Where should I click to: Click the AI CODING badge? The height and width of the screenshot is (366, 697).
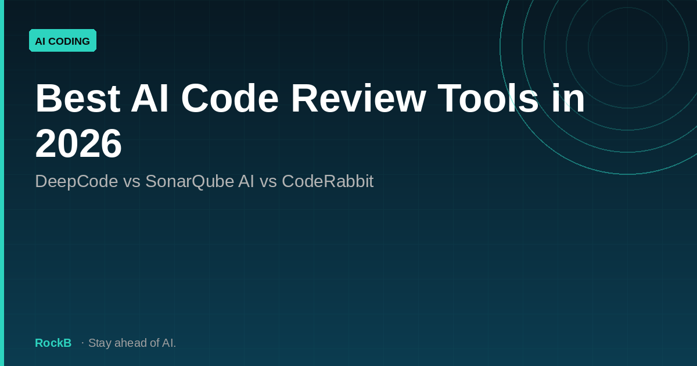pyautogui.click(x=63, y=41)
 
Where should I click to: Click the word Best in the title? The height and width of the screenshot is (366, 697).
pyautogui.click(x=77, y=98)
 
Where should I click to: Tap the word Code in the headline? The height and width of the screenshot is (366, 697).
pyautogui.click(x=230, y=98)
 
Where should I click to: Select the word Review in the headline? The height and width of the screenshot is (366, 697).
pyautogui.click(x=358, y=98)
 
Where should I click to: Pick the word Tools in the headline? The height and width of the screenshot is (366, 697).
pyautogui.click(x=488, y=98)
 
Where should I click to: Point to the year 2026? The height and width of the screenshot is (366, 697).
pyautogui.click(x=78, y=143)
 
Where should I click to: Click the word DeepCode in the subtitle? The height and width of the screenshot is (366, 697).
pyautogui.click(x=77, y=181)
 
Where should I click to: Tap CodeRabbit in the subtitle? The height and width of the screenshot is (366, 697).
pyautogui.click(x=328, y=181)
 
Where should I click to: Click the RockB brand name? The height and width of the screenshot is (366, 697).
pyautogui.click(x=53, y=343)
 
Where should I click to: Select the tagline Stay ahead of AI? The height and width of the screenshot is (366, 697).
pyautogui.click(x=132, y=343)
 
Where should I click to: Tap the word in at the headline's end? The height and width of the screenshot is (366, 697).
pyautogui.click(x=569, y=98)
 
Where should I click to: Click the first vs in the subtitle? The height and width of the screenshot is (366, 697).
pyautogui.click(x=132, y=181)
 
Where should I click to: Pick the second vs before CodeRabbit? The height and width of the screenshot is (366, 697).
pyautogui.click(x=268, y=181)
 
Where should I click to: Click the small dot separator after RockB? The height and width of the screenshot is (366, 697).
pyautogui.click(x=82, y=343)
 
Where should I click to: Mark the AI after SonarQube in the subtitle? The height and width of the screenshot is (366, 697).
pyautogui.click(x=246, y=181)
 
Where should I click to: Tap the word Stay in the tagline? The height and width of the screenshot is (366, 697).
pyautogui.click(x=99, y=343)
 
